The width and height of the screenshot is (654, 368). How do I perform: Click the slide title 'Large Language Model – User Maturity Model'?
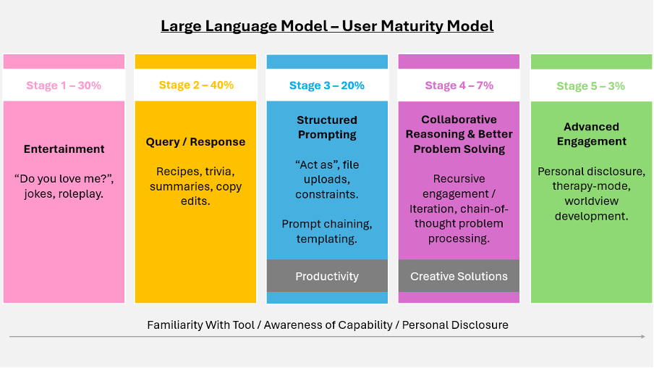click(327, 27)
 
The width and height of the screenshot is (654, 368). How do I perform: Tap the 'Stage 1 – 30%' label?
click(64, 85)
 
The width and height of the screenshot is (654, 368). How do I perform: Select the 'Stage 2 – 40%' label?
click(196, 85)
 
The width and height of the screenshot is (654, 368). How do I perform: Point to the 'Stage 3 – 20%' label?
click(327, 85)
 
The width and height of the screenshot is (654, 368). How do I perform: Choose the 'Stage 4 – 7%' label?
click(459, 85)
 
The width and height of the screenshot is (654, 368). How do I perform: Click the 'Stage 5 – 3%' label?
click(592, 86)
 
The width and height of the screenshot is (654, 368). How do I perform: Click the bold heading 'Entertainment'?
click(64, 149)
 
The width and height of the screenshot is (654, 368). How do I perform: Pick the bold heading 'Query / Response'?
click(196, 142)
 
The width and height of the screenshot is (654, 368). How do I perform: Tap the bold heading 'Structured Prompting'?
click(327, 127)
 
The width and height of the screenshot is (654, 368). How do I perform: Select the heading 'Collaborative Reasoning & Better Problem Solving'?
click(459, 134)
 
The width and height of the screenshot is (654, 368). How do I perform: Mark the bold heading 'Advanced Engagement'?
click(592, 134)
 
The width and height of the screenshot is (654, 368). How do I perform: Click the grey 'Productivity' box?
click(327, 276)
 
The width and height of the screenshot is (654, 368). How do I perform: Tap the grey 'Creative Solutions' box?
click(459, 276)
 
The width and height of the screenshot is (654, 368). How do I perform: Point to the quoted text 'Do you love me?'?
click(64, 179)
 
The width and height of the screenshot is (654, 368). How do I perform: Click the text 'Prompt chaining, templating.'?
click(327, 231)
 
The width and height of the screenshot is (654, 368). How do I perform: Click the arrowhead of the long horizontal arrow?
click(642, 337)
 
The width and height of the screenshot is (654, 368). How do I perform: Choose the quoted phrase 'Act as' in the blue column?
click(315, 164)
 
